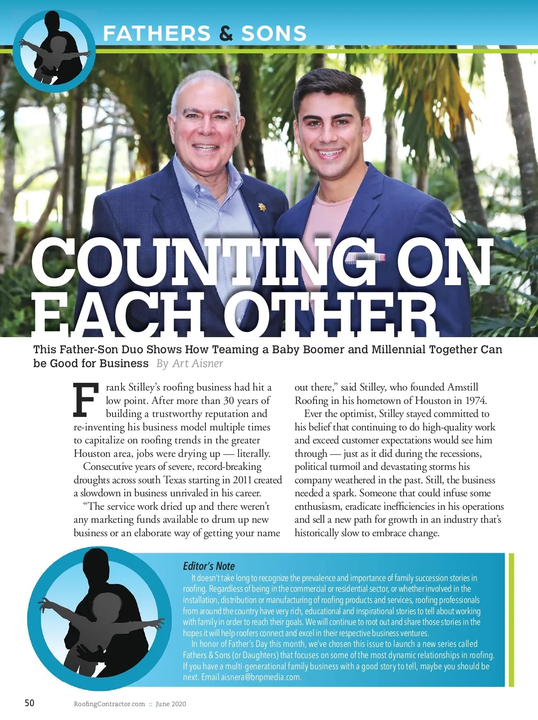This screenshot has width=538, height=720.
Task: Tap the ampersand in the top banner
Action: point(226,34)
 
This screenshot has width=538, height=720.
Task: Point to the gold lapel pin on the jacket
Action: point(262,207)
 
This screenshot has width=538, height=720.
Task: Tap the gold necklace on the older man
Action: point(223,188)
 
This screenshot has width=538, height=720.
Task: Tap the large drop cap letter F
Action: point(86,400)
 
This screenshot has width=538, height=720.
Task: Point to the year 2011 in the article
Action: point(242,480)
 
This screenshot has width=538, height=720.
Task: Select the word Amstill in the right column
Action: point(463,387)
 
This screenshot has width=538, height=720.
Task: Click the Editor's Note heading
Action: point(209,566)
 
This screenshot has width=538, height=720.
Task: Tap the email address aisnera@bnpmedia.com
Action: point(260,677)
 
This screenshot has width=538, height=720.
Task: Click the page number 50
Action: point(29,703)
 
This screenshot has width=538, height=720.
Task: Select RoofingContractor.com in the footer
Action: point(109,704)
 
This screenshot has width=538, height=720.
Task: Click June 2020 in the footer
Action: point(171,704)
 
